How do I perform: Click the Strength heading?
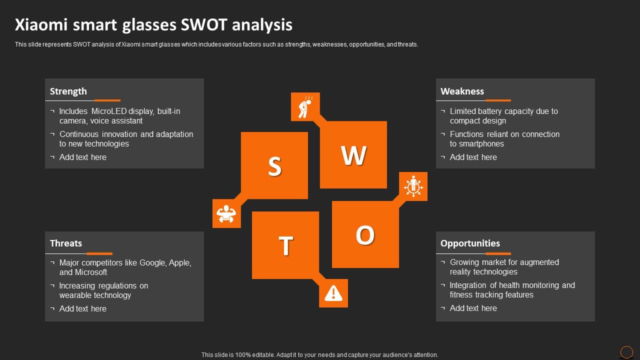click(68, 91)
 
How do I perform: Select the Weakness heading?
click(462, 91)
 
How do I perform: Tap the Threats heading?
click(65, 243)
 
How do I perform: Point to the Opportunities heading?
click(470, 243)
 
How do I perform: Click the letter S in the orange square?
click(274, 166)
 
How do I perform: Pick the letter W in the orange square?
click(353, 155)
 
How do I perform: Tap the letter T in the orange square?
click(285, 245)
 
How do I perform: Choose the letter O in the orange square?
click(365, 235)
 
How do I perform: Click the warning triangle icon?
click(333, 293)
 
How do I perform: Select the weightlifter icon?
click(226, 213)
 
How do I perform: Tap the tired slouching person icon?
click(305, 107)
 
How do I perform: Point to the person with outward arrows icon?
click(413, 186)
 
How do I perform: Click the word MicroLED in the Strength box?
click(109, 111)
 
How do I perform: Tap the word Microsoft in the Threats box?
click(91, 272)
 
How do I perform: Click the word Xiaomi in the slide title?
click(41, 24)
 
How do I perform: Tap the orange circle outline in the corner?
click(626, 352)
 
